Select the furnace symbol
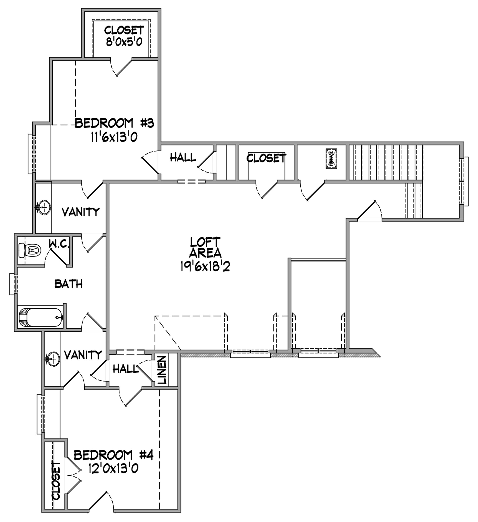coord(331,158)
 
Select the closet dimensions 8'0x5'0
coord(124,41)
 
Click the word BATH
coord(69,284)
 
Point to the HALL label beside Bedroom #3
coord(183,157)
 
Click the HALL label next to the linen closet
coord(126,369)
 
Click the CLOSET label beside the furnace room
coord(266,158)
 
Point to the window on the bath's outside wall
coord(14,284)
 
